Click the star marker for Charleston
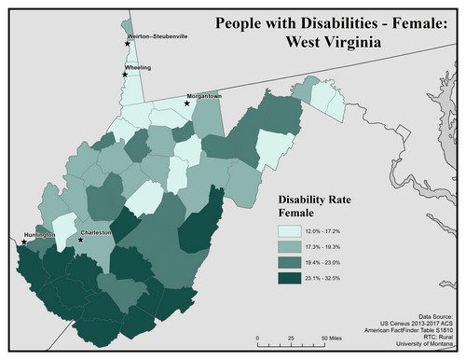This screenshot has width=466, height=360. coord(81,240)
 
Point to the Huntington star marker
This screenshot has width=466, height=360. coord(23,242)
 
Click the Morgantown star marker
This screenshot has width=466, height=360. coord(186,104)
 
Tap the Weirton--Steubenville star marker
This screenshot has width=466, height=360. coord(128,43)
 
